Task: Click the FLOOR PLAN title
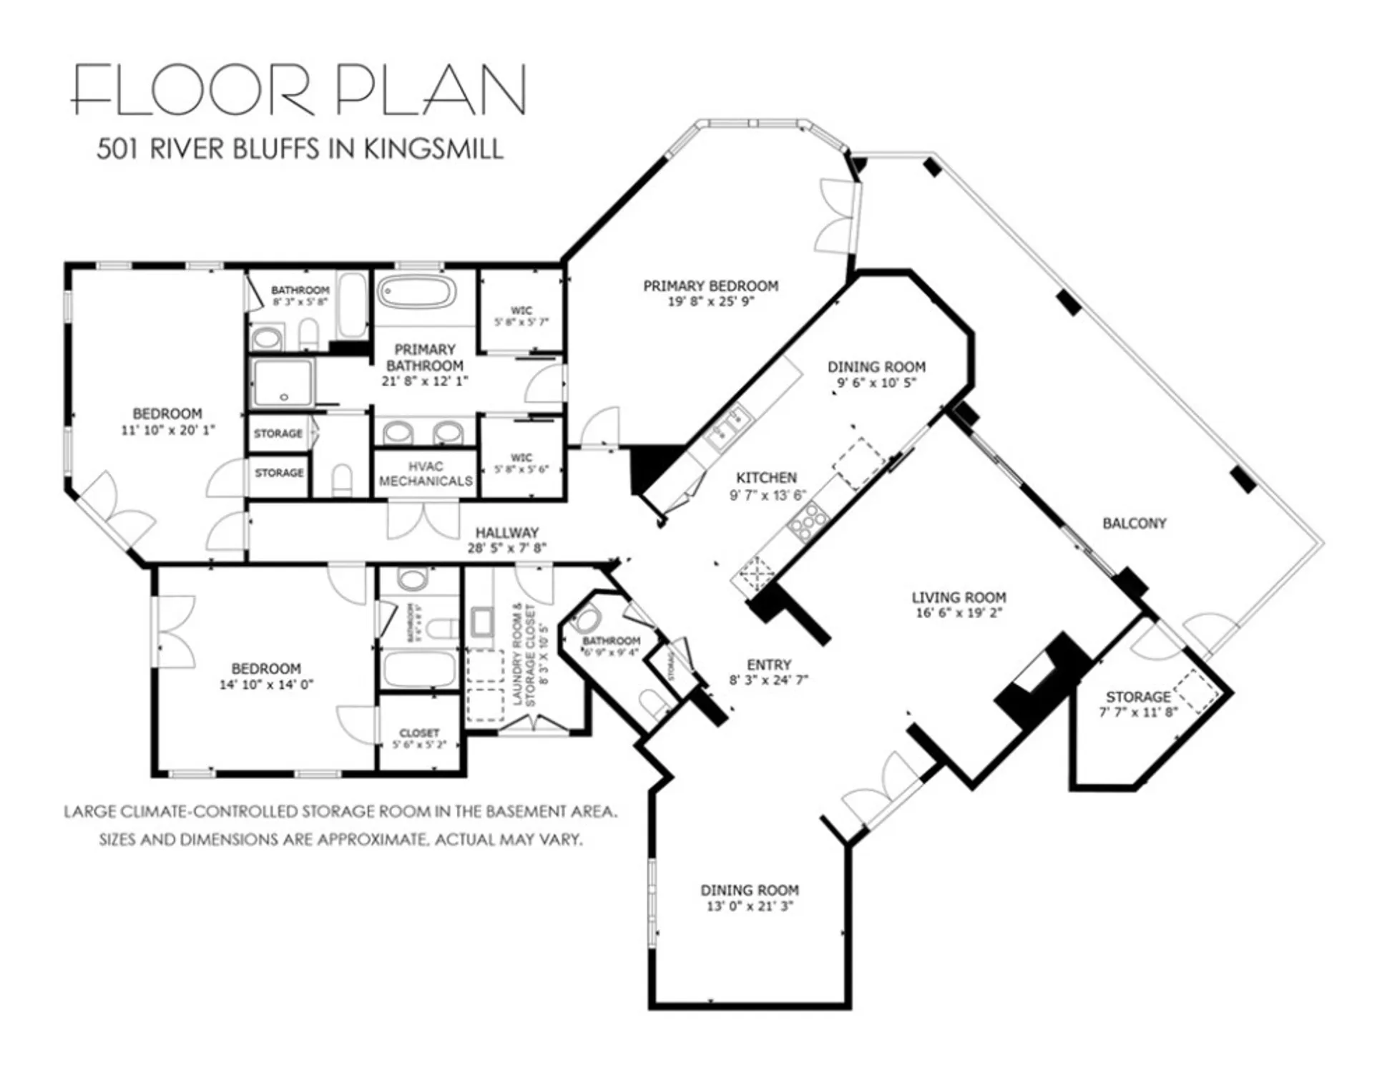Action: point(299,89)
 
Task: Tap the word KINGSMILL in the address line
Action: point(433,149)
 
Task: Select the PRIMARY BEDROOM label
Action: point(710,286)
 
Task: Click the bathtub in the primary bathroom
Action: point(416,293)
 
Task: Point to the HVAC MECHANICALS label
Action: point(426,474)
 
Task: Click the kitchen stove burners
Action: point(807,521)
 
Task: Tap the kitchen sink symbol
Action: point(727,428)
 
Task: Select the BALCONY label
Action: point(1134,523)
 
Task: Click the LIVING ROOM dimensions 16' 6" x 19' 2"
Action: point(959,613)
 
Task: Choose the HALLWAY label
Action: point(506,532)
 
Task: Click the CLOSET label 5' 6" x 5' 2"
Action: point(419,738)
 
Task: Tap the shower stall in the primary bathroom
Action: point(283,383)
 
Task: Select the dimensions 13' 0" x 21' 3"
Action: point(749,906)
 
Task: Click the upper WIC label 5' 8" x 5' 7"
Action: point(521,316)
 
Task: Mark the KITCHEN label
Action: point(766,477)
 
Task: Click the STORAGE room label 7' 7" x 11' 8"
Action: point(1137,704)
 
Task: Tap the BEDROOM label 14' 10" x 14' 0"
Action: point(266,676)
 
